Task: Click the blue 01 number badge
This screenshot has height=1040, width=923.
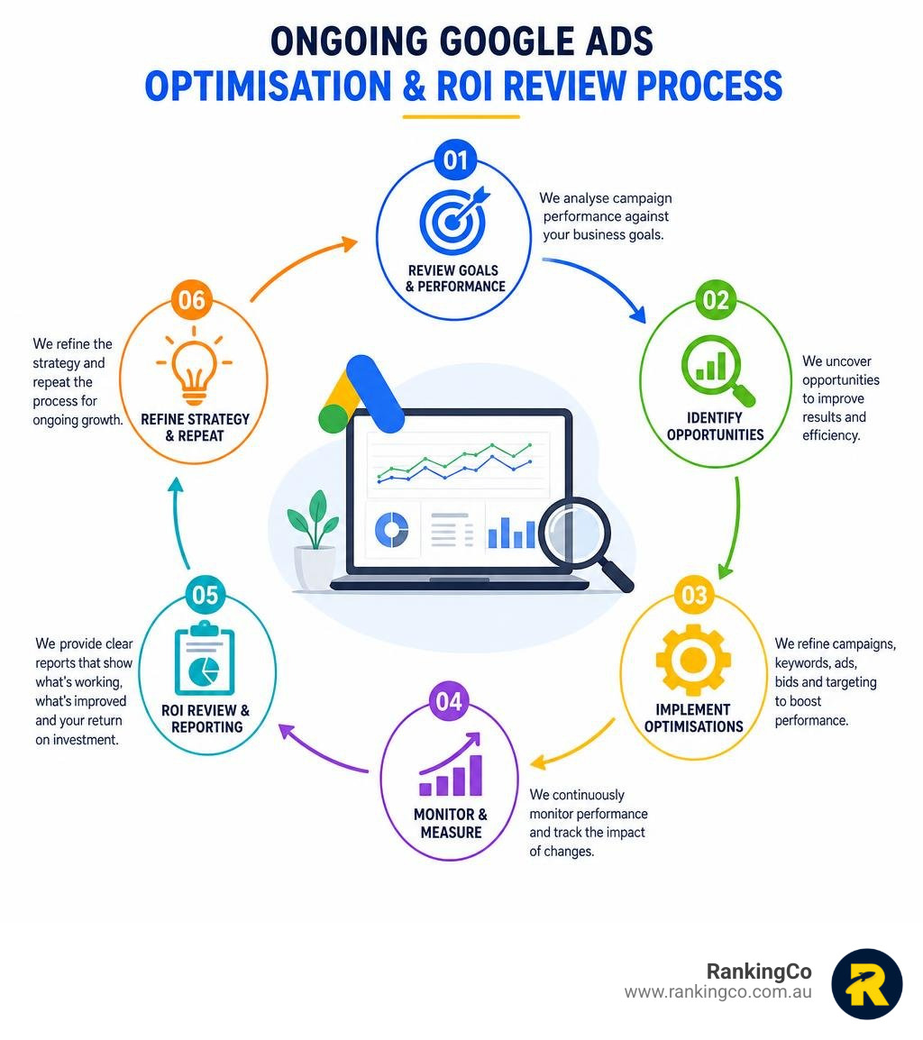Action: coord(455,160)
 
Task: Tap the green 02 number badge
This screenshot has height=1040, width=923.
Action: coord(716,300)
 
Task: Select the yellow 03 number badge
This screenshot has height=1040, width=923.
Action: coord(694,595)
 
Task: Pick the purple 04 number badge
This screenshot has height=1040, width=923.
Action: coord(449,702)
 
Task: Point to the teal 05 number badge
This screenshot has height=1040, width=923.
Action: coord(205,595)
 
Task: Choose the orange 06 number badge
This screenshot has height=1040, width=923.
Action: coord(192,300)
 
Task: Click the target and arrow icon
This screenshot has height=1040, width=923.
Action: coord(454,217)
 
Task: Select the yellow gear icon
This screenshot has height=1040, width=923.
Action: coord(693,661)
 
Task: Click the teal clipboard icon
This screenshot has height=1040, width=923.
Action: coord(205,658)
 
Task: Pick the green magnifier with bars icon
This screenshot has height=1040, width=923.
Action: coord(717,370)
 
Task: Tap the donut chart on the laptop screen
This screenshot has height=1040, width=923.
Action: coord(391,530)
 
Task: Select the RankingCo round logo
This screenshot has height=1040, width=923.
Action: coord(866,983)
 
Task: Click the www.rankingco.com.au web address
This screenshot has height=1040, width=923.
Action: coord(718,992)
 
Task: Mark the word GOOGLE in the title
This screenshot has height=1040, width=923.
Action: coord(507,41)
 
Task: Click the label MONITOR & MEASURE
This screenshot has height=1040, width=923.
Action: coord(451,823)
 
